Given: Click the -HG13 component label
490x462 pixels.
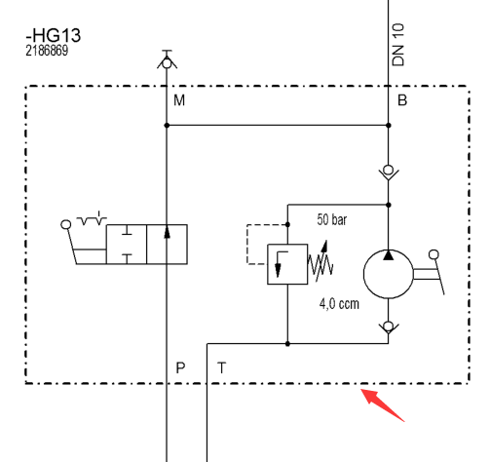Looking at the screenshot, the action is tap(53, 35).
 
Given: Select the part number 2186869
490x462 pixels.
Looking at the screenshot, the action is tap(47, 51).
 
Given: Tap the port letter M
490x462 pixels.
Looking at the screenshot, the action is tap(179, 100).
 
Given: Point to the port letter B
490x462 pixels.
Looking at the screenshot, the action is tap(402, 100).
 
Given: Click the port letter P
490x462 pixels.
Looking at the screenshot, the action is tap(180, 367).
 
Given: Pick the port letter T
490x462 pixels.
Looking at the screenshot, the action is tap(221, 367).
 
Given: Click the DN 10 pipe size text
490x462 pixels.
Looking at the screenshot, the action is tap(398, 45).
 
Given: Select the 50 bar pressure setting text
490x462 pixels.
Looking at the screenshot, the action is tap(332, 219).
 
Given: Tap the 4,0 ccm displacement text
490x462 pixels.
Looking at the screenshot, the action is tap(339, 304).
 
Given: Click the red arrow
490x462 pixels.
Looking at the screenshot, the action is tap(383, 404).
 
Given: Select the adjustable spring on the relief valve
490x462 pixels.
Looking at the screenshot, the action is tap(320, 262).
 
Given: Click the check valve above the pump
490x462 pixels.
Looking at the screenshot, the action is tap(389, 173).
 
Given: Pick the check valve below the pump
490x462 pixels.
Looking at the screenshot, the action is tap(389, 327).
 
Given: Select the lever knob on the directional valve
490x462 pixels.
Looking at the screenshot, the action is tap(66, 224).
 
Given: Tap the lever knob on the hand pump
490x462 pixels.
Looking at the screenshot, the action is tap(433, 254).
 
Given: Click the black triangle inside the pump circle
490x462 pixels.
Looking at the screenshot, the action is tap(389, 255).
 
